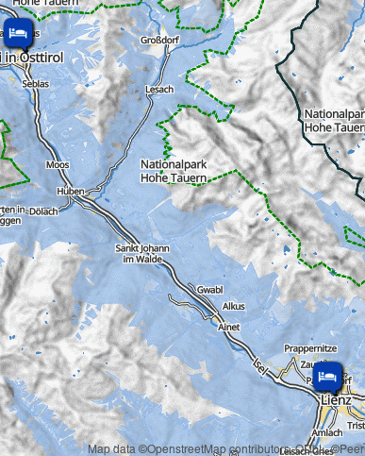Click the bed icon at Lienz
(x=328, y=376)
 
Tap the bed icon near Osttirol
(x=17, y=33)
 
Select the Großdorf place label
(x=158, y=41)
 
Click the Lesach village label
(x=159, y=89)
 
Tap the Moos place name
(x=57, y=164)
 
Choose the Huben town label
(x=72, y=191)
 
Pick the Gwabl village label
(x=210, y=289)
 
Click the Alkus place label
(x=233, y=307)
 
